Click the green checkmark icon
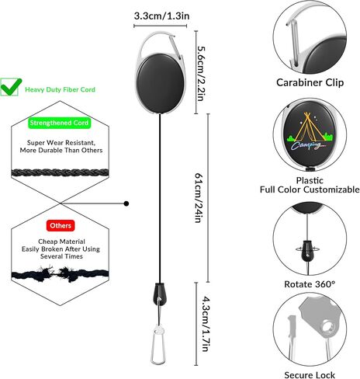(x=10, y=87)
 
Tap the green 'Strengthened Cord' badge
(x=59, y=123)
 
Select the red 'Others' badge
(x=61, y=225)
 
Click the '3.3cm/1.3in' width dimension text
(x=161, y=16)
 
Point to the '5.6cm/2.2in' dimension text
(x=202, y=73)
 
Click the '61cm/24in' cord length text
(x=199, y=198)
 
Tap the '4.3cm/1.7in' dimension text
(x=205, y=324)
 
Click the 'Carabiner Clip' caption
(x=310, y=82)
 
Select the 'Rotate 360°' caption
(x=310, y=284)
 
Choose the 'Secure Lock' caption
(x=310, y=374)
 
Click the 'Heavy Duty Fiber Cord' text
(x=60, y=89)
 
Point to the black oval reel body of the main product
(x=161, y=83)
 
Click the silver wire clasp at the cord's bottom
(x=158, y=346)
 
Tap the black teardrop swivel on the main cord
(x=160, y=294)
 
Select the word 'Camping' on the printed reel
(x=307, y=146)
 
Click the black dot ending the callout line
(x=126, y=203)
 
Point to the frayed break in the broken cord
(x=57, y=273)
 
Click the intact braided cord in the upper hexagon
(x=61, y=172)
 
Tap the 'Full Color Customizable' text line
(x=310, y=189)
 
